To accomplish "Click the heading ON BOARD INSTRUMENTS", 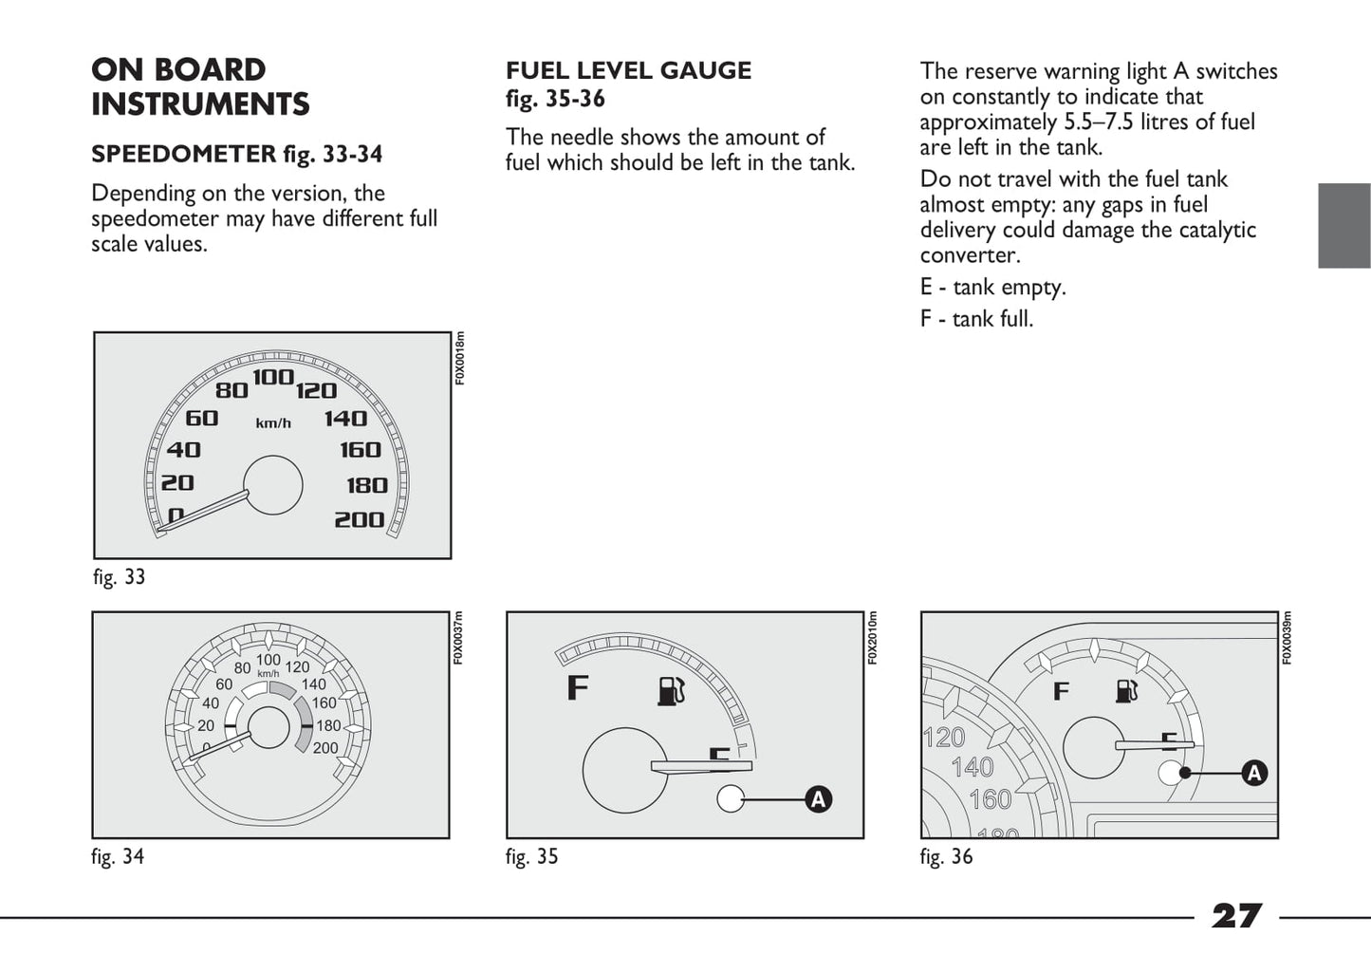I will (200, 86).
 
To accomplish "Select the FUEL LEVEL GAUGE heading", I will (628, 71).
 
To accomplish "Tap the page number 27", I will (1236, 916).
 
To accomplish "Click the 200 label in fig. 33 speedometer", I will (359, 519).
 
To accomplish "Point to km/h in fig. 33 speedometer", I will (273, 423).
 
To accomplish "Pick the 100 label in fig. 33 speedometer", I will (273, 377).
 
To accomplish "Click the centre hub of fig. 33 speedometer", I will (273, 485).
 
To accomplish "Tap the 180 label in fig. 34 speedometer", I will (328, 725).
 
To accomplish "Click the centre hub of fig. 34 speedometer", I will (269, 729).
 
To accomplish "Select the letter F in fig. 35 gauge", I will (577, 686).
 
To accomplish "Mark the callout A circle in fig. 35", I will (818, 799).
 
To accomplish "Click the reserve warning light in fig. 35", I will (731, 799).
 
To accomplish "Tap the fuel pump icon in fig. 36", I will (1126, 690).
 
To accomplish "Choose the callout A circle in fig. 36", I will (1254, 773).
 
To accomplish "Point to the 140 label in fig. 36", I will (972, 767).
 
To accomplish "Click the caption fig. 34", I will (118, 856).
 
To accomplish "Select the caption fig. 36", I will (946, 856).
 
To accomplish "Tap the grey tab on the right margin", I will (1343, 225).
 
